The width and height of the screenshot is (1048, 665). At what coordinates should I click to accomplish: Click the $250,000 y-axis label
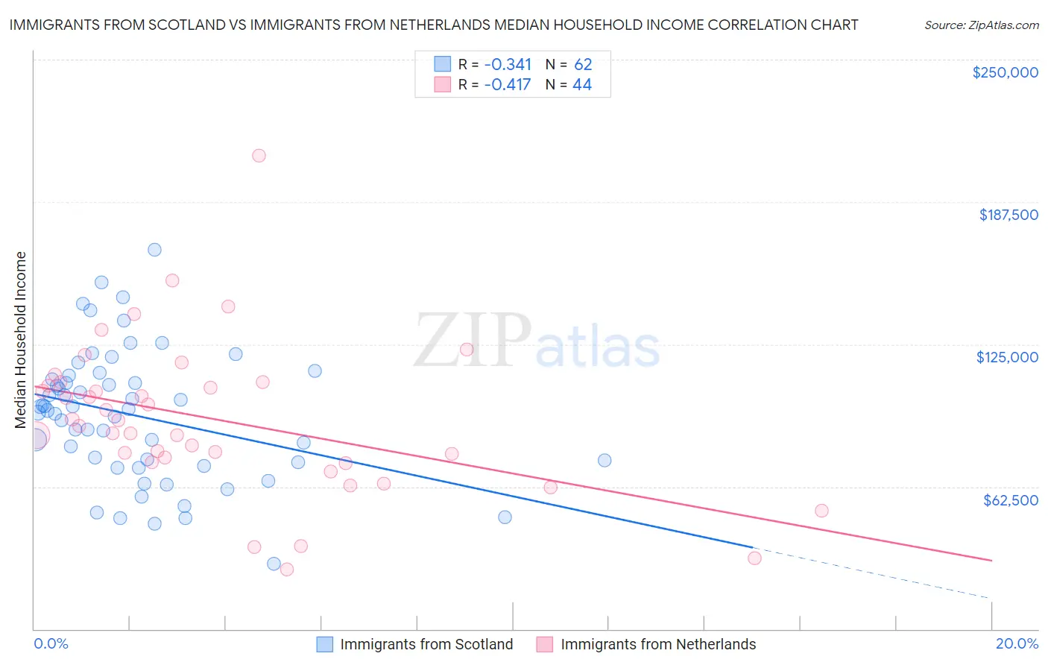(1005, 72)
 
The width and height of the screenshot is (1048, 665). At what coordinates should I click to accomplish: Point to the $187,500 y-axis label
(1008, 215)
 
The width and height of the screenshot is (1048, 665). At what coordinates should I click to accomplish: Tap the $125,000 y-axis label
(1007, 357)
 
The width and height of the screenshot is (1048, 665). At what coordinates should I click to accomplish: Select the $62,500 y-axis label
(1010, 500)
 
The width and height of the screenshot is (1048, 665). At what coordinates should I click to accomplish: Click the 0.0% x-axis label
(51, 643)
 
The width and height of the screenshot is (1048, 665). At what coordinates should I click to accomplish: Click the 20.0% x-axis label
(1017, 643)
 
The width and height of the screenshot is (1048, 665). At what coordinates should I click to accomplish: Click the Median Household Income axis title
(21, 340)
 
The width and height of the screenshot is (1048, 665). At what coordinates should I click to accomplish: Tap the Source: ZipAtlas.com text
(981, 25)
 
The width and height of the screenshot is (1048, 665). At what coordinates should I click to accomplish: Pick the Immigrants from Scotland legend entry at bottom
(415, 645)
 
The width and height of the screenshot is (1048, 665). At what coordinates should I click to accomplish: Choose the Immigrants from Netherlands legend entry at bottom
(646, 645)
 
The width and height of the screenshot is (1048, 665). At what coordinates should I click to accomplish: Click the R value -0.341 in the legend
(508, 65)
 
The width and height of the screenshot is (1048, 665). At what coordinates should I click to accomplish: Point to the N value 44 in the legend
(581, 85)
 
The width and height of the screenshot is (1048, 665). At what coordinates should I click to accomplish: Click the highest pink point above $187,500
(259, 156)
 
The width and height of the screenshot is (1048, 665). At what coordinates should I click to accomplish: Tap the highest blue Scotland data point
(154, 250)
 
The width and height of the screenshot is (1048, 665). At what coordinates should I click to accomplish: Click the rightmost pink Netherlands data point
(821, 511)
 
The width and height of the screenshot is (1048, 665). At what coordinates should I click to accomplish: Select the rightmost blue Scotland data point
(605, 461)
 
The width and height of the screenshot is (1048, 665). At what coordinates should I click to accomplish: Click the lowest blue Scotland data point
(274, 564)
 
